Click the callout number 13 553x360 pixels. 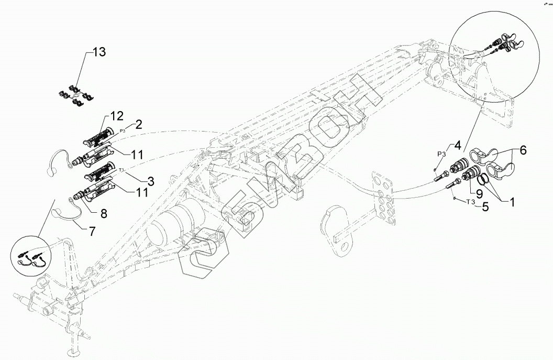[x=99, y=52]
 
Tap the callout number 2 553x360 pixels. [x=139, y=124]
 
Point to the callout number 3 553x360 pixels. [x=150, y=182]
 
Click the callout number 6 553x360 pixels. [x=521, y=150]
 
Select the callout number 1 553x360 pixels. [x=508, y=200]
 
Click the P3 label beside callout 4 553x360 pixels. [x=441, y=154]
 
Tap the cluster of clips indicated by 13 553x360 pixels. [x=76, y=95]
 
